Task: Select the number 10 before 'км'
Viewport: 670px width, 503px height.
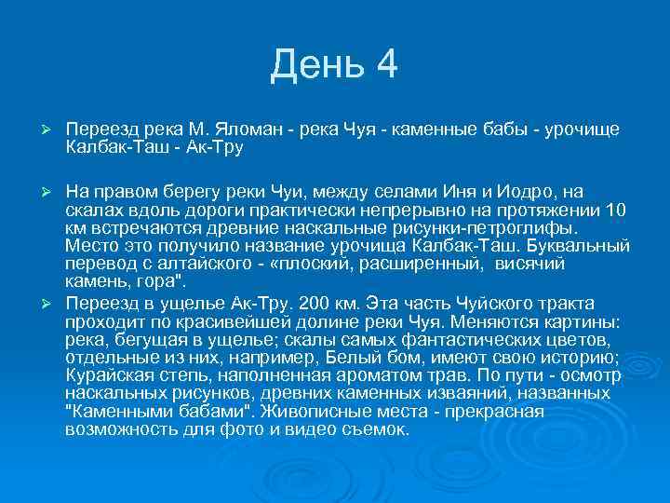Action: coord(615,210)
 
